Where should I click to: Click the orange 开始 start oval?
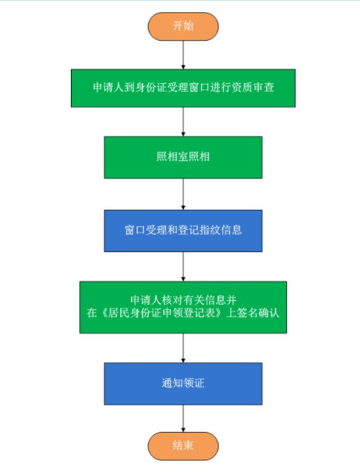click(183, 27)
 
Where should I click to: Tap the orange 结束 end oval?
click(183, 445)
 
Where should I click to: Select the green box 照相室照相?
click(183, 158)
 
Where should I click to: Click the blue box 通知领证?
click(183, 383)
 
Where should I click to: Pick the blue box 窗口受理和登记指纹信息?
click(183, 231)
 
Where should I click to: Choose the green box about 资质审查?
click(183, 88)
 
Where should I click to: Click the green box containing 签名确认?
click(183, 307)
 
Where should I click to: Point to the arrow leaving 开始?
click(183, 54)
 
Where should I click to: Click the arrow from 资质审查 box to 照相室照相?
click(183, 122)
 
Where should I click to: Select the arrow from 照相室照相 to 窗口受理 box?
click(183, 194)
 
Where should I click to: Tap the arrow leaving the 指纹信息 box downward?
click(183, 266)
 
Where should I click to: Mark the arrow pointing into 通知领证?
click(183, 347)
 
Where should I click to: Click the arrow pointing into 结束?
click(183, 418)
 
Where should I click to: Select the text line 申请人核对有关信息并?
click(183, 300)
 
